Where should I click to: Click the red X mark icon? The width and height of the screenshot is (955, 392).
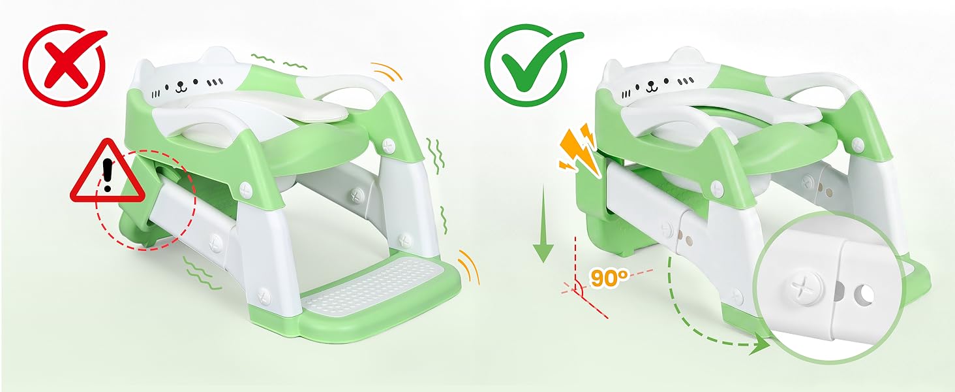click(x=64, y=65)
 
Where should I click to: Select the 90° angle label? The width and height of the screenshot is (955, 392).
click(x=609, y=278)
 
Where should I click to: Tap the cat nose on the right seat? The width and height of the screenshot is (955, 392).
click(x=652, y=86)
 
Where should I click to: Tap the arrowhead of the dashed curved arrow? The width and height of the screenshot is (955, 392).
click(x=759, y=345)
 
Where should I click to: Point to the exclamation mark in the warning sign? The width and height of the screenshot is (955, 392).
click(x=108, y=174)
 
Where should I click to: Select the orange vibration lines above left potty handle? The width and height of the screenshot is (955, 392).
click(x=387, y=71)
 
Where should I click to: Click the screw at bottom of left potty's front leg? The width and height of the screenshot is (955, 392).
click(x=264, y=295)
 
